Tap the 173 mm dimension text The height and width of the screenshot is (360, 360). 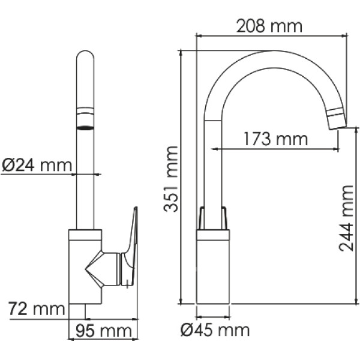[275, 139]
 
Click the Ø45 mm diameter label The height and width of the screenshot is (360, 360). [215, 329]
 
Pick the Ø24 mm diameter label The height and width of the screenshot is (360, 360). [37, 164]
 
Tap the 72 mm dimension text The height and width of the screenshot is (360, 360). [36, 310]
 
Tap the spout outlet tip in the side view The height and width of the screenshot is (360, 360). [337, 119]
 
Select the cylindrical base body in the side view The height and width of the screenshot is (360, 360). [213, 270]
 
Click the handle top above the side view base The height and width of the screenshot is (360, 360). [214, 218]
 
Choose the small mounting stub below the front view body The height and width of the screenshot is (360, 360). [77, 311]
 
